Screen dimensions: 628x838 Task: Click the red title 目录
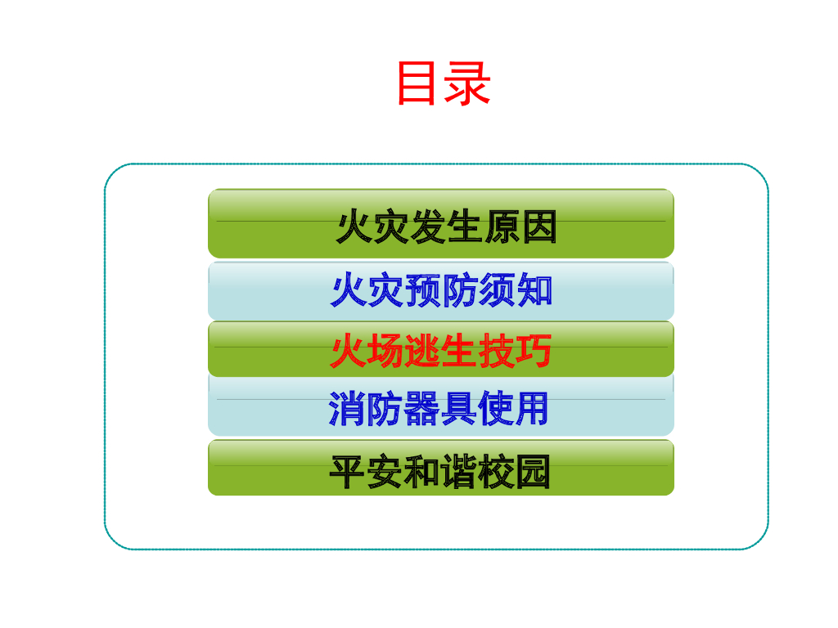[443, 83]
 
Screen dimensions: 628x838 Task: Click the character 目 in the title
[417, 83]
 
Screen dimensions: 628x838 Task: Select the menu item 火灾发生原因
[446, 227]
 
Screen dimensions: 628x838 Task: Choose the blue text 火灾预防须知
[442, 290]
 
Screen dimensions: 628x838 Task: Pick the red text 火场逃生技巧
[441, 351]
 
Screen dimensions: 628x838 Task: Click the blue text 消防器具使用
[439, 409]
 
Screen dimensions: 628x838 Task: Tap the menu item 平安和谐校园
[440, 472]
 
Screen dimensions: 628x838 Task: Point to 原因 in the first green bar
[520, 227]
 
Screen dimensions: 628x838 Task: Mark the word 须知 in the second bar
[516, 290]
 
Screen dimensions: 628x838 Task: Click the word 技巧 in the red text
[515, 351]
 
